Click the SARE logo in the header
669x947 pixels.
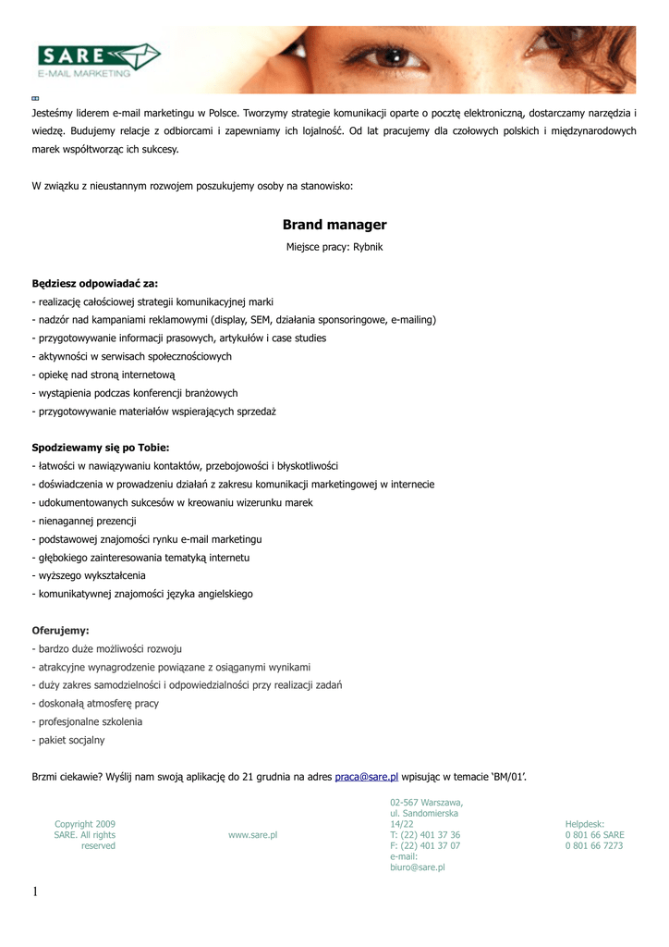click(x=97, y=59)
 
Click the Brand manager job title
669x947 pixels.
click(x=334, y=225)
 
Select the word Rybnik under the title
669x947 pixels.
click(x=366, y=248)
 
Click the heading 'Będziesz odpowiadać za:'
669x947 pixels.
click(x=95, y=283)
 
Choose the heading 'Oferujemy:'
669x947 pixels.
click(x=61, y=630)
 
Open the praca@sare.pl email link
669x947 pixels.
click(x=366, y=777)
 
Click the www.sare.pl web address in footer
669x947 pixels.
click(x=253, y=834)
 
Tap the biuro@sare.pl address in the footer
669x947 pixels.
click(x=418, y=867)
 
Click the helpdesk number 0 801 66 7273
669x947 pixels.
click(x=594, y=845)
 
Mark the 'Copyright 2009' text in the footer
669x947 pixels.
click(x=85, y=823)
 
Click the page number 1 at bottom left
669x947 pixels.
click(x=35, y=892)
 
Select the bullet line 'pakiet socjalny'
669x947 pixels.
click(x=70, y=740)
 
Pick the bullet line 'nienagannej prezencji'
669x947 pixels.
click(x=86, y=521)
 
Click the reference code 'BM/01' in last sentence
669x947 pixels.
click(x=506, y=777)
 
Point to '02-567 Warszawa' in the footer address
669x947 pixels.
click(x=426, y=802)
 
